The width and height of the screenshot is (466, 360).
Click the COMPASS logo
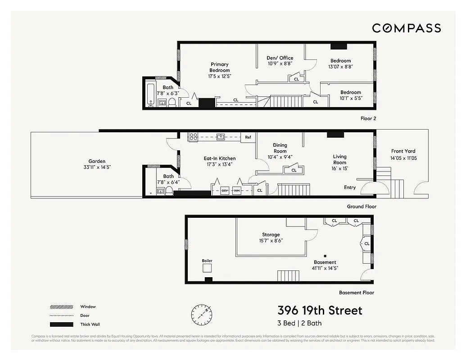406,28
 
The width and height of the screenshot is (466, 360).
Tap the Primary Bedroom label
219,67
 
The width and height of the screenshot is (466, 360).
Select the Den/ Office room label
280,58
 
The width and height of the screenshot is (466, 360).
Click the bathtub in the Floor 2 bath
151,93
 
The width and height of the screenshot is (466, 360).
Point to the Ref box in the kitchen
248,137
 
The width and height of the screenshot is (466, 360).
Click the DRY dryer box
225,191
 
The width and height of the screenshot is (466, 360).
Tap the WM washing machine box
236,191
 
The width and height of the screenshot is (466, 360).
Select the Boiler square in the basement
207,268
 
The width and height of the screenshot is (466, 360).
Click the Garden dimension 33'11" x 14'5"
97,167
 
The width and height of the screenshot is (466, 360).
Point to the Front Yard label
403,151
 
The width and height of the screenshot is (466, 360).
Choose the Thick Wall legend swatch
61,324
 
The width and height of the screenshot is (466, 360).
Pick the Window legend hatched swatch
61,307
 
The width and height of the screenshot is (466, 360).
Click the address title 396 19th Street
320,310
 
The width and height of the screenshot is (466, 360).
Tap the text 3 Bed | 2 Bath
299,323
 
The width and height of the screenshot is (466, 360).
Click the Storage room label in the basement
271,234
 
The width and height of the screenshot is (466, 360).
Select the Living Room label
340,160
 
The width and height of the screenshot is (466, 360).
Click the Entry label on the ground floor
350,188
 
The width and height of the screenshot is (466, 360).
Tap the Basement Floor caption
356,292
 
